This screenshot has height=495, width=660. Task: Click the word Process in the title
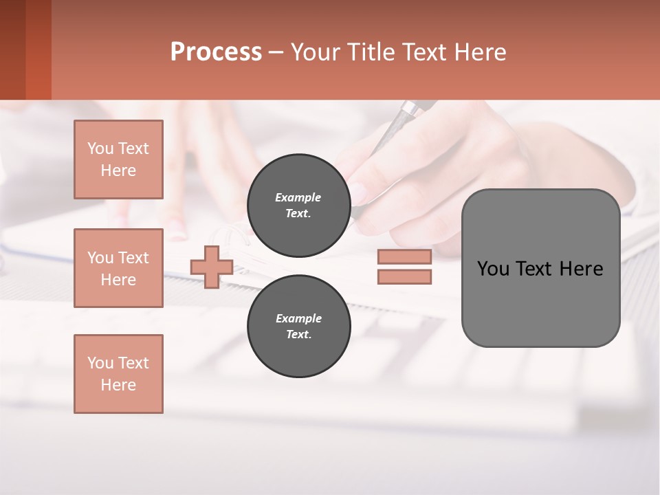click(x=216, y=52)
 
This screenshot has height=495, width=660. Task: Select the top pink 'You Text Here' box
click(x=118, y=159)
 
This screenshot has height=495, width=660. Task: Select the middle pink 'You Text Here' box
click(x=118, y=268)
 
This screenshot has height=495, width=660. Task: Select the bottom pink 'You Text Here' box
click(x=118, y=374)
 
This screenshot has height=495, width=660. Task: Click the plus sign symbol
click(x=212, y=267)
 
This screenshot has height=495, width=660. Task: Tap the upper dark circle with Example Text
click(x=298, y=205)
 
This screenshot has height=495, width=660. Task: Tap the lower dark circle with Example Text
click(x=298, y=326)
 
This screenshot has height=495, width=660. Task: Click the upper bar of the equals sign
click(x=404, y=256)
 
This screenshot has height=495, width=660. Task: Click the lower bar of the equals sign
click(x=404, y=277)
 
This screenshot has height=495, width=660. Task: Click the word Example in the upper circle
click(x=298, y=198)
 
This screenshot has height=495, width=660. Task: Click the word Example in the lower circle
click(x=298, y=319)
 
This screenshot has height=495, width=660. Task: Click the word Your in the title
click(x=315, y=52)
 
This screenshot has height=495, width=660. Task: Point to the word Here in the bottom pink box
click(x=118, y=385)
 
